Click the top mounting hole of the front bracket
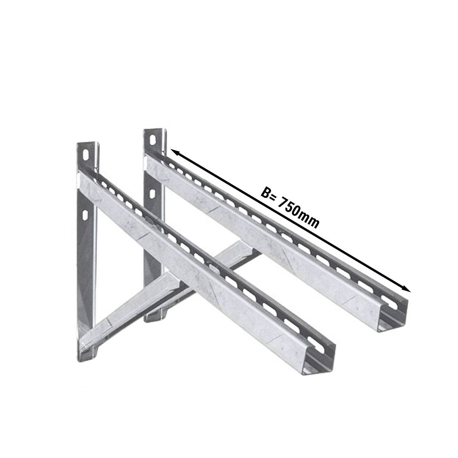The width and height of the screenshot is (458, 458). click(85, 155)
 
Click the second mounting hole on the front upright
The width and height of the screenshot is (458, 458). click(85, 215)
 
